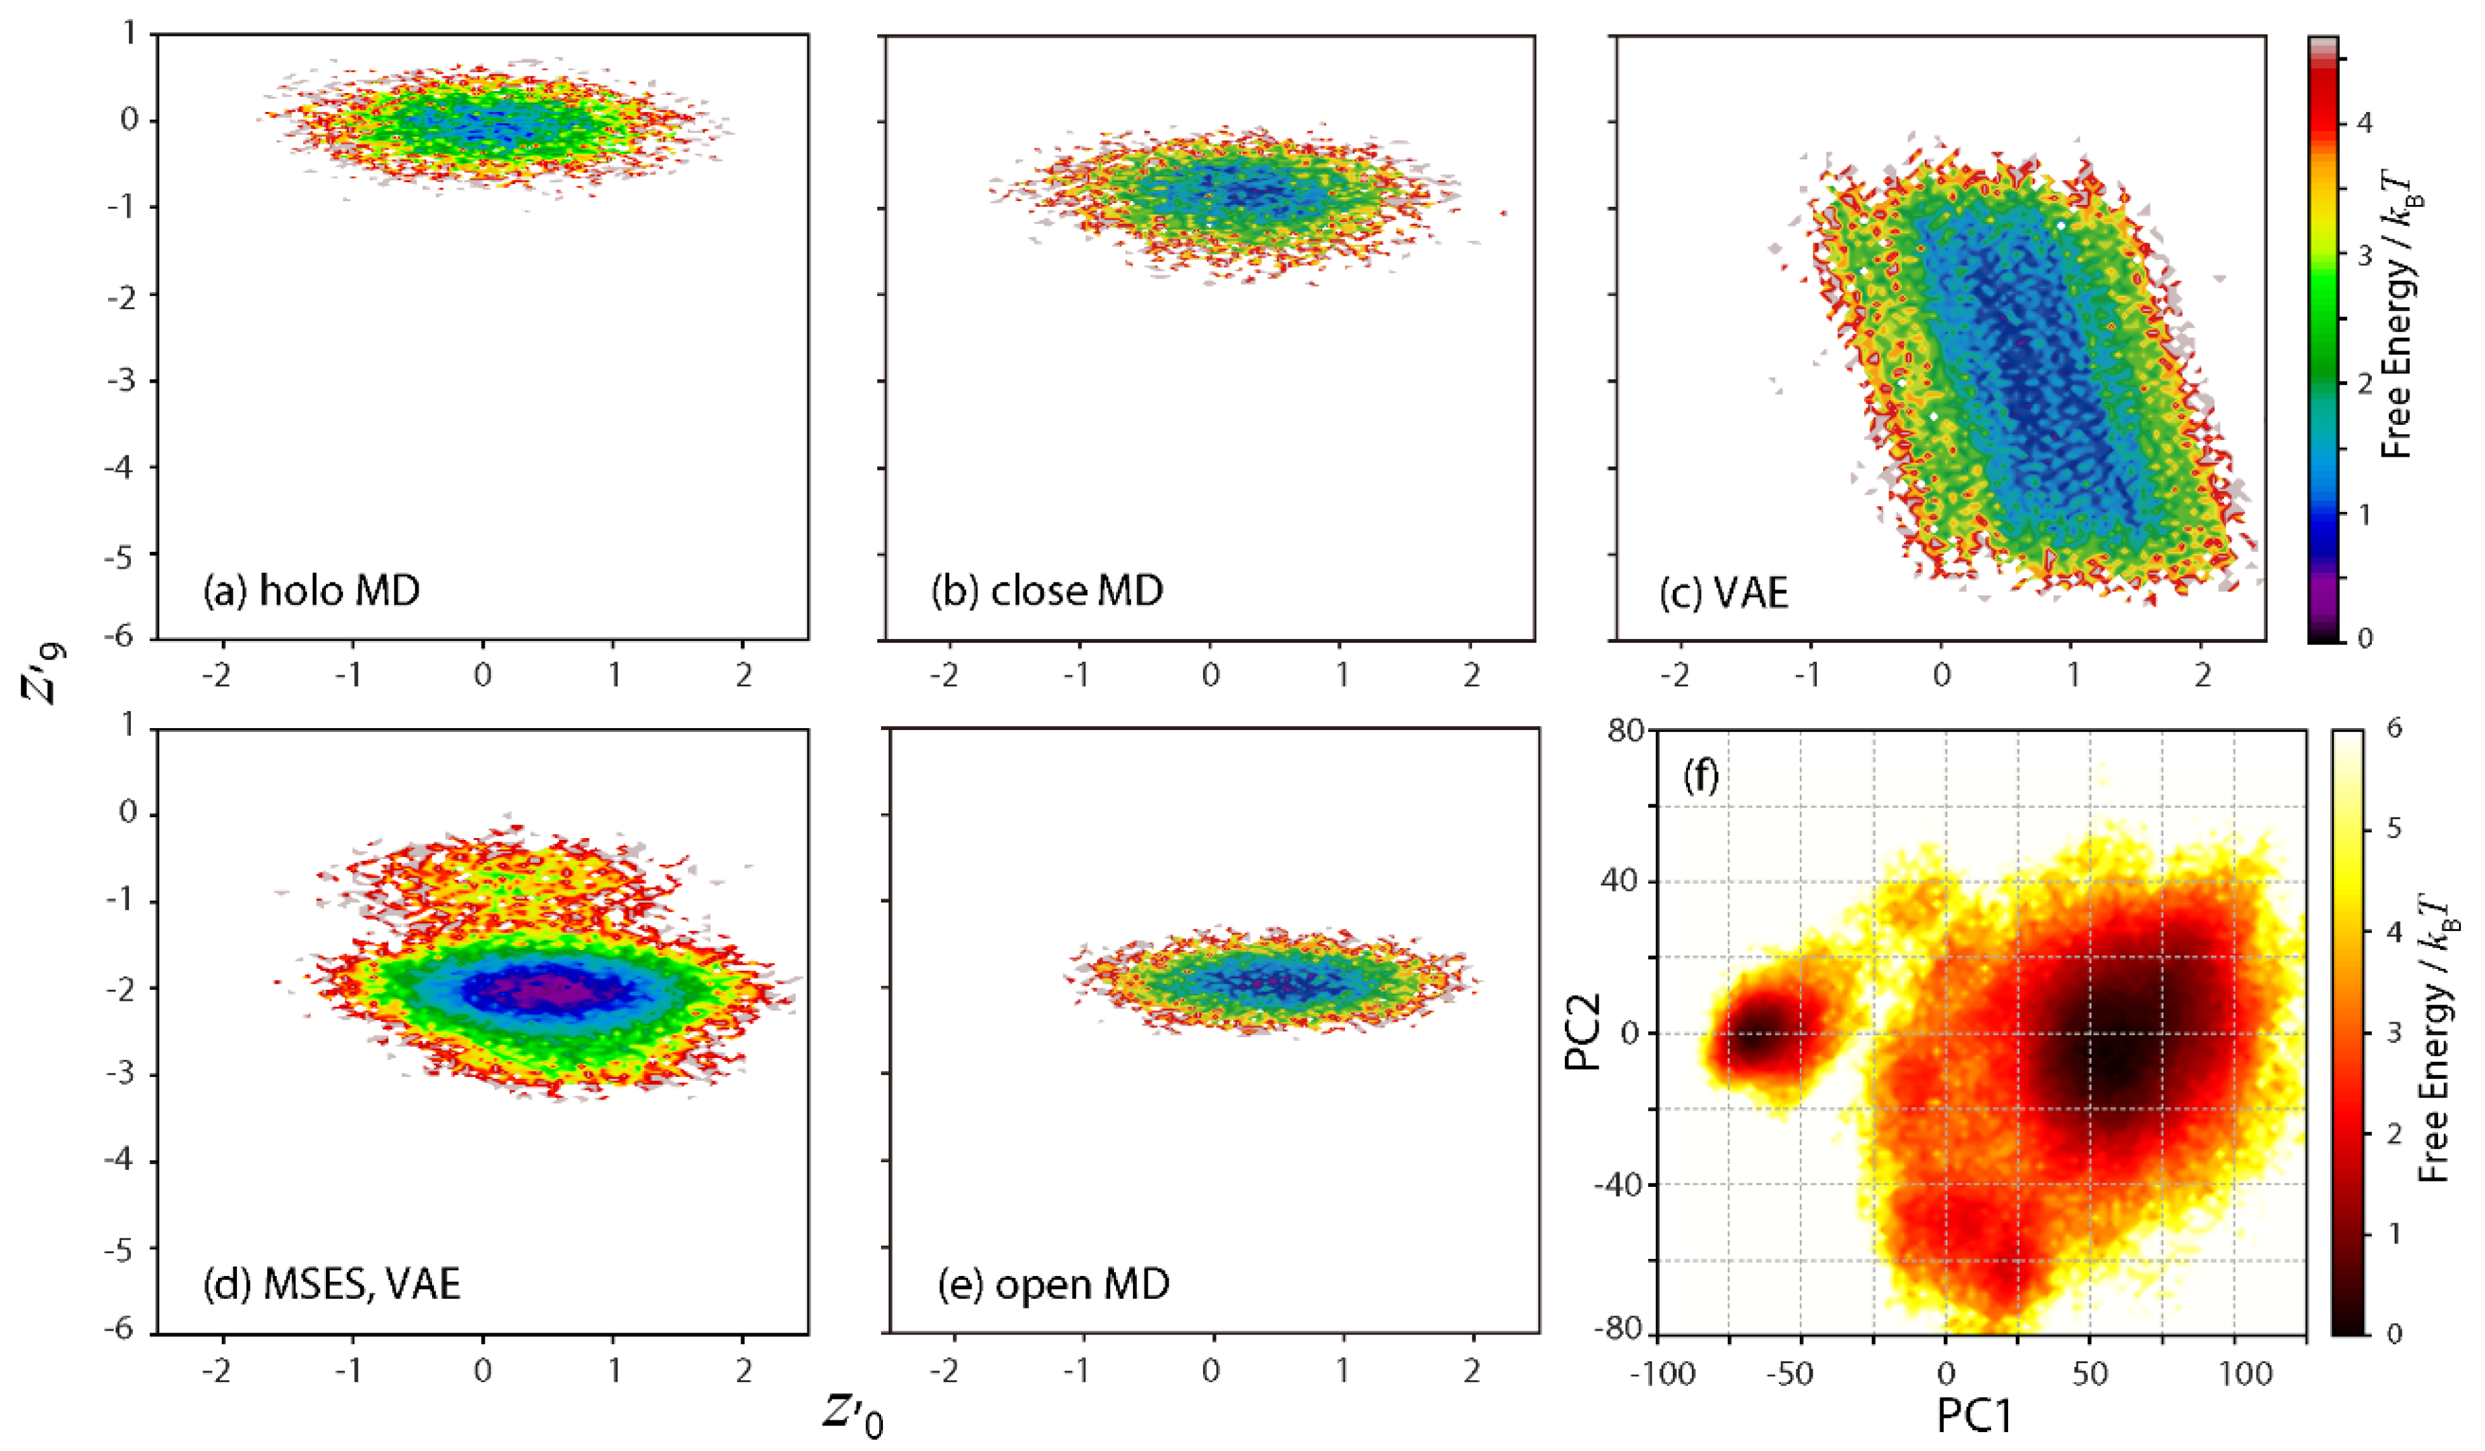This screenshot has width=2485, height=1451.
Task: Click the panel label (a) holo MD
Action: [x=312, y=590]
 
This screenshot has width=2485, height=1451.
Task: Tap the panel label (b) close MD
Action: [x=1047, y=590]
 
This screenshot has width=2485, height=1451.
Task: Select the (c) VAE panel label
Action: [x=1724, y=593]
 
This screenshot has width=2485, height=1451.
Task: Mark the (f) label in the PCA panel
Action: [x=1700, y=778]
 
